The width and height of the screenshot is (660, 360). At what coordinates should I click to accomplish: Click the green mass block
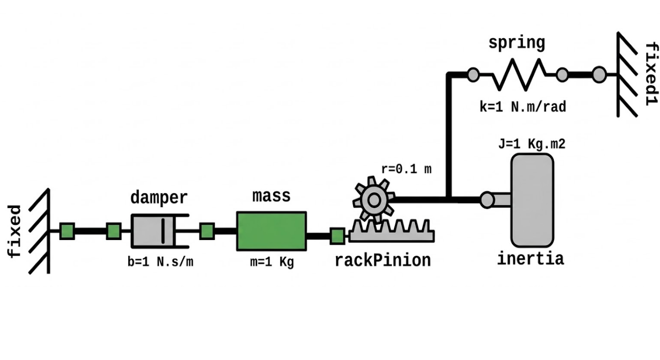[271, 231]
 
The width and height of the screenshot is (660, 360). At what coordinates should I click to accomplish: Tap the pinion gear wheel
[374, 200]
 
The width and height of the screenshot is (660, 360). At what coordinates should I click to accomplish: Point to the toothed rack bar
[391, 231]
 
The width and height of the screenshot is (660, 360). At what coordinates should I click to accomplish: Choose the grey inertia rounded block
[532, 200]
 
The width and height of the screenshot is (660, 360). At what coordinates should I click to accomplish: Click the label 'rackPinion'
[383, 261]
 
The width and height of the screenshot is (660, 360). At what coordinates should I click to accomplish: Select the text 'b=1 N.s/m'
[160, 262]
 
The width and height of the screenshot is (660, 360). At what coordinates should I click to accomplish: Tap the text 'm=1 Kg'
[272, 262]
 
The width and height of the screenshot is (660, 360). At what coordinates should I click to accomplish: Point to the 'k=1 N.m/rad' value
[523, 107]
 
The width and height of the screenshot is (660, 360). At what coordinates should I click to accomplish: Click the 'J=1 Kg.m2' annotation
[532, 144]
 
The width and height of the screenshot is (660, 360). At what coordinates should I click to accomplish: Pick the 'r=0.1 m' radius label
[406, 169]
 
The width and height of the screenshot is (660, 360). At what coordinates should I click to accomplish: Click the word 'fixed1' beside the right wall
[652, 74]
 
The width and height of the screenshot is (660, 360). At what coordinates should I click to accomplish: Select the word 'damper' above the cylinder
[159, 197]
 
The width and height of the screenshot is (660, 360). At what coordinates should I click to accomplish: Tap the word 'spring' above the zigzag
[517, 43]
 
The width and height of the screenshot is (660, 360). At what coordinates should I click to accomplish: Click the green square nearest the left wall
[67, 231]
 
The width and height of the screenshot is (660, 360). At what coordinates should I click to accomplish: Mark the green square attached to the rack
[337, 236]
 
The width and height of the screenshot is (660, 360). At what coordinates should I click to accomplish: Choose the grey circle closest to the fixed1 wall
[600, 75]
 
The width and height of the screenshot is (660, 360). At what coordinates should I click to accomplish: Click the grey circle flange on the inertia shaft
[487, 200]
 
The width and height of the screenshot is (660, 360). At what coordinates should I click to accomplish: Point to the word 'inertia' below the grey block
[530, 259]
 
